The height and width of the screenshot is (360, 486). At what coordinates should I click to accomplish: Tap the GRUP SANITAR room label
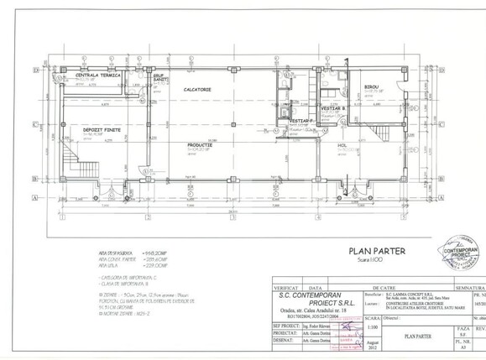[157, 76]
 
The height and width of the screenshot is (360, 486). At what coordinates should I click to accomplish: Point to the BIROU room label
[371, 87]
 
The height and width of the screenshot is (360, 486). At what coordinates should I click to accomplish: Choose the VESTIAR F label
[300, 122]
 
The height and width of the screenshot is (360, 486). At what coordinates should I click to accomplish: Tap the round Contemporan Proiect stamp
[465, 259]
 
